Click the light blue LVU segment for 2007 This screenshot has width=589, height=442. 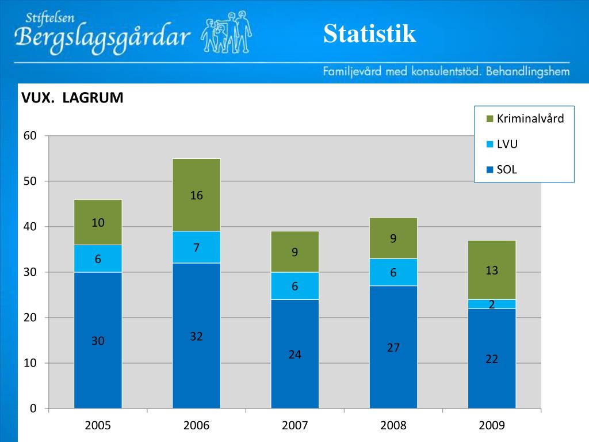click(x=294, y=286)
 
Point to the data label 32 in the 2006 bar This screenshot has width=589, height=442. click(x=197, y=337)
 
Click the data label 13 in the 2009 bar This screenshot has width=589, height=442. click(x=492, y=270)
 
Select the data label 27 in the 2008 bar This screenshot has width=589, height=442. click(x=393, y=348)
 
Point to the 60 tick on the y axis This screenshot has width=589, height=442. click(x=30, y=136)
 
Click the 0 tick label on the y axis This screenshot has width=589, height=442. click(x=33, y=409)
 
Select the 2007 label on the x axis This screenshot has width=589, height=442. click(x=295, y=426)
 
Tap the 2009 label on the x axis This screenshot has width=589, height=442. click(x=492, y=426)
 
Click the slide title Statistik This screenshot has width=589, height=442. click(x=369, y=33)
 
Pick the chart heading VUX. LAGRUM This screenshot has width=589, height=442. click(x=72, y=98)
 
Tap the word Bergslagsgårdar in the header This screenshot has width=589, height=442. click(x=104, y=38)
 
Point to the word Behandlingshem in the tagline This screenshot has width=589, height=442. click(x=527, y=72)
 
